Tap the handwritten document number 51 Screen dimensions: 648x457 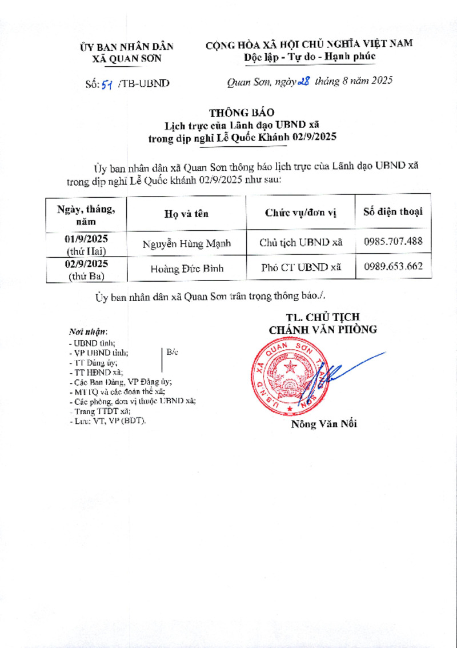(x=106, y=84)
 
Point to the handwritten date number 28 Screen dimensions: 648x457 (x=303, y=82)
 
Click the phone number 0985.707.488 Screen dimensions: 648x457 (x=393, y=241)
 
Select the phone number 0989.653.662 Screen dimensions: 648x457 (x=393, y=266)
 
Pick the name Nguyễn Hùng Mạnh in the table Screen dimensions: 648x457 (x=187, y=244)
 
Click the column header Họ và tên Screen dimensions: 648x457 (x=187, y=214)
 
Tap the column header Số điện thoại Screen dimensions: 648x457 (x=393, y=212)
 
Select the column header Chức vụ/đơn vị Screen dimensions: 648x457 (x=300, y=213)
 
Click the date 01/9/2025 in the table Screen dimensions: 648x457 (x=87, y=239)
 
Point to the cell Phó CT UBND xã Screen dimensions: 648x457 (x=300, y=267)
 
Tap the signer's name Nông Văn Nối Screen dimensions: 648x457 (x=324, y=424)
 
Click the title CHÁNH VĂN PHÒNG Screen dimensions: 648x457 (x=323, y=329)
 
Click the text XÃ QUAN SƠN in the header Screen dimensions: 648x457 (x=127, y=58)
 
